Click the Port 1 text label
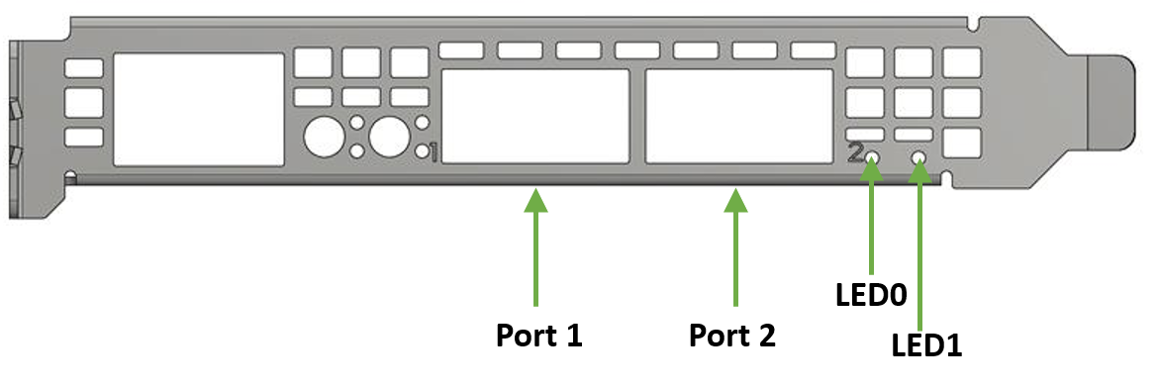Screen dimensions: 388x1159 tap(538, 336)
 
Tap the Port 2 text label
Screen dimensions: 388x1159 tap(732, 336)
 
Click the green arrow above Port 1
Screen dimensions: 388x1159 tap(535, 247)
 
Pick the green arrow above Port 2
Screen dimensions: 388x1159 tap(734, 247)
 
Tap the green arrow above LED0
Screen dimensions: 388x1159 tap(872, 218)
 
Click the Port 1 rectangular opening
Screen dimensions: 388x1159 tap(535, 116)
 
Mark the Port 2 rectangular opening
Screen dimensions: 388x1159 tap(737, 116)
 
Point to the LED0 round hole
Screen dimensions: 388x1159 tap(872, 158)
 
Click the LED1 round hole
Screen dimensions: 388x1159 tap(919, 158)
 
